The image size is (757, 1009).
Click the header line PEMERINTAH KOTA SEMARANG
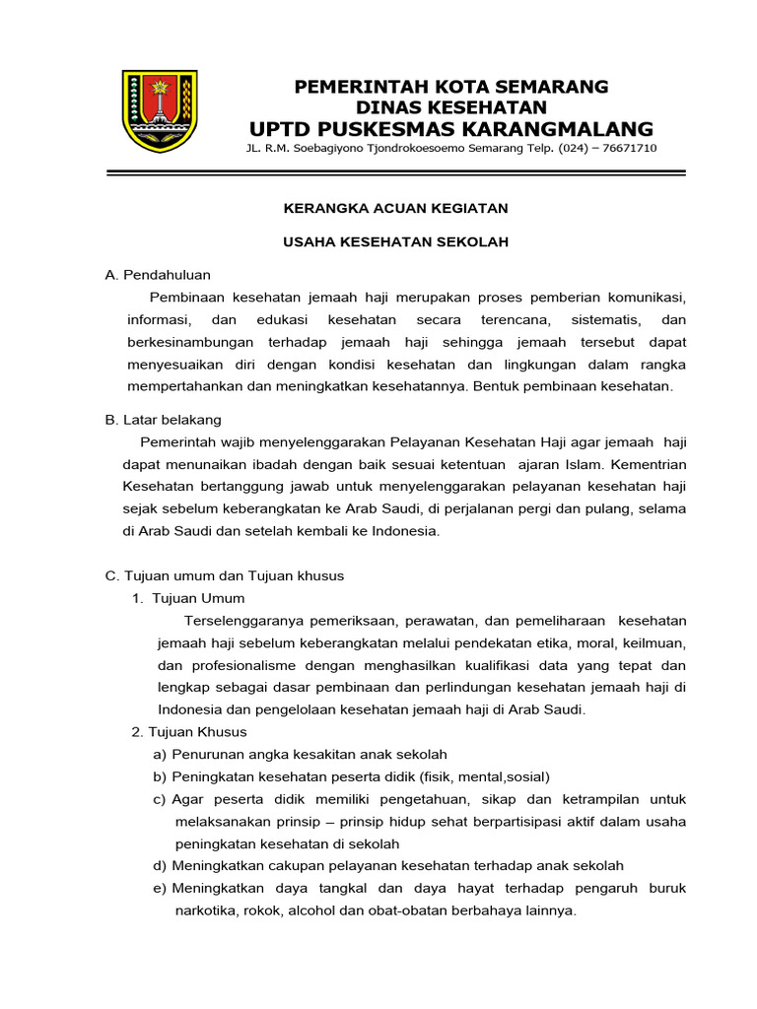[x=451, y=87]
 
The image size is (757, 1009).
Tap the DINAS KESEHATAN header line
[x=451, y=106]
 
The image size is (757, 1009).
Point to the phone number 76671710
[x=625, y=148]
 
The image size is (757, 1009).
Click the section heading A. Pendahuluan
[x=158, y=275]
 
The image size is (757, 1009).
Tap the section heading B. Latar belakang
[x=164, y=420]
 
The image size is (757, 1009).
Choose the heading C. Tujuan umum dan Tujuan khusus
[x=225, y=575]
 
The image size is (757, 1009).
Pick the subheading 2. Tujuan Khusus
[x=189, y=732]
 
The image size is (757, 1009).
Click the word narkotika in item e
[x=204, y=911]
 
